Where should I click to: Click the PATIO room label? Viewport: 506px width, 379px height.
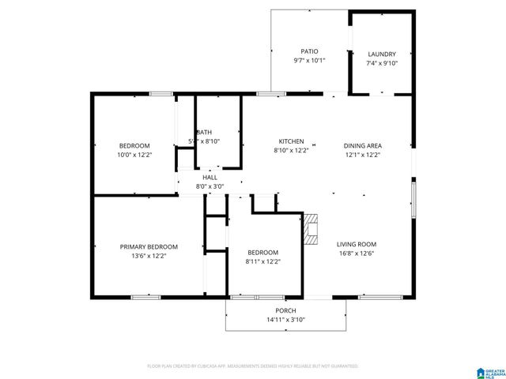(x=309, y=51)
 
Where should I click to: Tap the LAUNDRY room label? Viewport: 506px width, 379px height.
(x=382, y=54)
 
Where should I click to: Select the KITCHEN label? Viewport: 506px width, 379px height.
(x=290, y=141)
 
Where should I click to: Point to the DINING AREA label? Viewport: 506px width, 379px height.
(x=363, y=145)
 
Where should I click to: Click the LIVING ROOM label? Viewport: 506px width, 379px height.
(x=356, y=244)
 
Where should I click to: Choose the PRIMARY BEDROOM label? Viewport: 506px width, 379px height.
(x=149, y=246)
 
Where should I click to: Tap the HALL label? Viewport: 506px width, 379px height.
(x=210, y=178)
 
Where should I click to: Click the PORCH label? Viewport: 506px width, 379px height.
(x=285, y=310)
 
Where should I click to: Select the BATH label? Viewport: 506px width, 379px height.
(x=205, y=132)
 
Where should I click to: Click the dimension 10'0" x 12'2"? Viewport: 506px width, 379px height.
(x=134, y=155)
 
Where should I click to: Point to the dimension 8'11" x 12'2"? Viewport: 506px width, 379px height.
(x=262, y=261)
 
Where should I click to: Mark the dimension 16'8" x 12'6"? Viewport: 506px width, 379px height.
(x=356, y=253)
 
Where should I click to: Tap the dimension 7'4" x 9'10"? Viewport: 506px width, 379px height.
(x=382, y=63)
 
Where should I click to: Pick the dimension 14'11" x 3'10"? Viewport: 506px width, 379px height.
(x=285, y=319)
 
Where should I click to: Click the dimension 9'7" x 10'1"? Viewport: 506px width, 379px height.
(x=309, y=60)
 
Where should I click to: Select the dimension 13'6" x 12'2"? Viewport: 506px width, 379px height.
(x=149, y=256)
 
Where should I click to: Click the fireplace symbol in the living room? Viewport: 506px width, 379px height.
(x=312, y=227)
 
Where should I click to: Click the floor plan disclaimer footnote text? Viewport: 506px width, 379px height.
(x=253, y=366)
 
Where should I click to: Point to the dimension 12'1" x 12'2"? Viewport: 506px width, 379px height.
(x=363, y=155)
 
